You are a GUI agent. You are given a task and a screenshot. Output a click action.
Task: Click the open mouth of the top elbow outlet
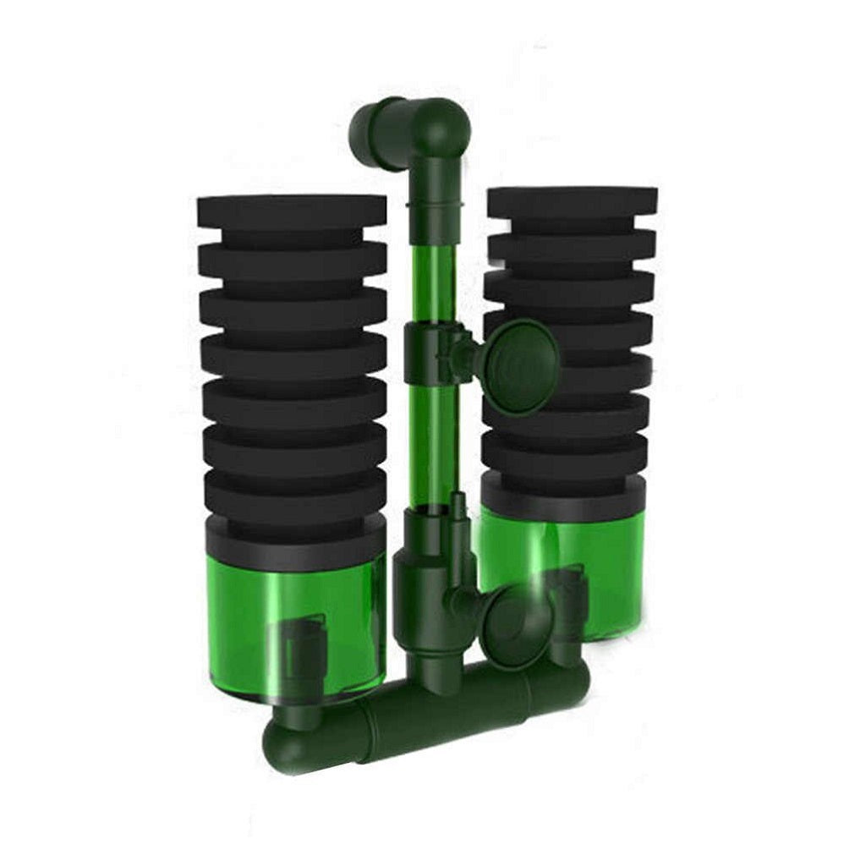pyautogui.click(x=366, y=123)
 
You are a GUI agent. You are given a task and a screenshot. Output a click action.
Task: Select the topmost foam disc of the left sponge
pyautogui.click(x=293, y=212)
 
